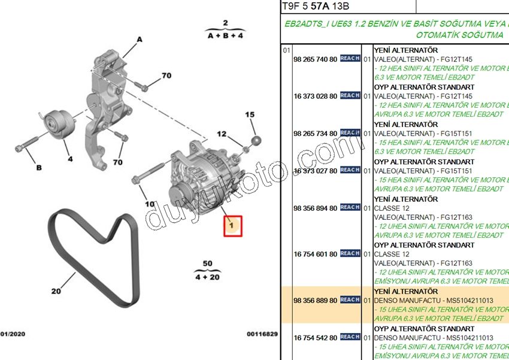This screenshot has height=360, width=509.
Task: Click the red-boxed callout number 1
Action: [232, 226]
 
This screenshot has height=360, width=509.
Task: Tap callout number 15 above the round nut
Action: [250, 114]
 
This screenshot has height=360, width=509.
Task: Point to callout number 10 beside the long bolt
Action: [150, 204]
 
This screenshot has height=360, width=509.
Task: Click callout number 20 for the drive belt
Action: [56, 291]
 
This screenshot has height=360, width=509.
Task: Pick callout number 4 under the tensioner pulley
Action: [69, 159]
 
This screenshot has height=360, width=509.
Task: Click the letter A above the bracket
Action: [140, 40]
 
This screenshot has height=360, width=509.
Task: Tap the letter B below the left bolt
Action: [39, 168]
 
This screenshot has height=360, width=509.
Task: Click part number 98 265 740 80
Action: [315, 59]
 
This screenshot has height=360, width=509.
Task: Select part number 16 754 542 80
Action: [315, 338]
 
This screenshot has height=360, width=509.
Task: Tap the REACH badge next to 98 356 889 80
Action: [350, 300]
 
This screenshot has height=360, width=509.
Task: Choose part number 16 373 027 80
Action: [315, 171]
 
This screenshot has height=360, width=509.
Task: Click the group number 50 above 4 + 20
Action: [207, 264]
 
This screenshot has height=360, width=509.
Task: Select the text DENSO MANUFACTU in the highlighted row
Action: [404, 300]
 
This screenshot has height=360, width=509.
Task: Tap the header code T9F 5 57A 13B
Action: [315, 7]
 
